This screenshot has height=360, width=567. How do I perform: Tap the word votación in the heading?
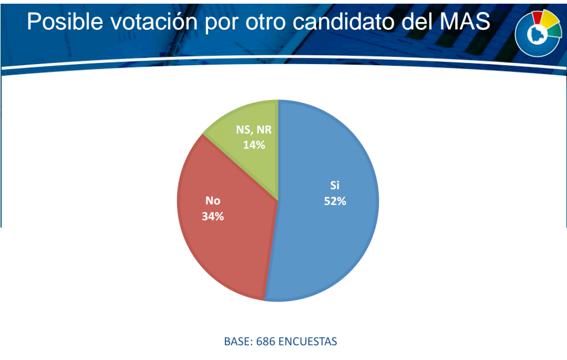tap(153, 21)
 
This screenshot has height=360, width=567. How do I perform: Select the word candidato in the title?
tap(344, 21)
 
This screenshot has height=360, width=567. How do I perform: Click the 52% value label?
tap(335, 201)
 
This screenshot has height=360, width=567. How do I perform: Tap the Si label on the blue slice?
tap(335, 185)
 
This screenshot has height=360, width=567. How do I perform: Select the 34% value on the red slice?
tap(213, 217)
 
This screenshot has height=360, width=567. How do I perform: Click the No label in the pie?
tap(213, 200)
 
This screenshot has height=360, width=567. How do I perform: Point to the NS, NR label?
tap(254, 129)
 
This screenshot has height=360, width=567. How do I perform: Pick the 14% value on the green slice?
tap(254, 145)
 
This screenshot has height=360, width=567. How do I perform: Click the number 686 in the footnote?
tap(266, 341)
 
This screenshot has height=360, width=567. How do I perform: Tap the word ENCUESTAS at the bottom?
tap(308, 341)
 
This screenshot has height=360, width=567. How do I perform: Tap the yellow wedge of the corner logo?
tap(550, 19)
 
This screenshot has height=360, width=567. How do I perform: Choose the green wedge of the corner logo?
tap(554, 32)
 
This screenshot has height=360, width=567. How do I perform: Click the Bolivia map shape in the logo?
tap(535, 34)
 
